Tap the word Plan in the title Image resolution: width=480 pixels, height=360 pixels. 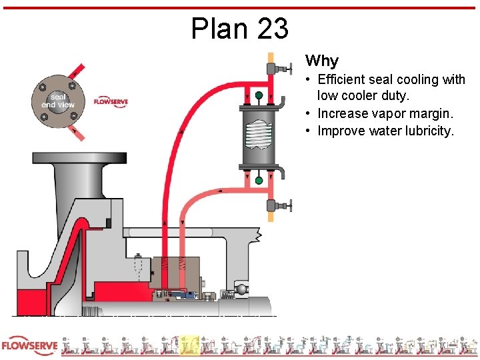(217, 29)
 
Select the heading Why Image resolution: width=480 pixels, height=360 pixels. (322, 61)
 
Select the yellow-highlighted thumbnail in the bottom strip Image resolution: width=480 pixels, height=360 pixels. (190, 345)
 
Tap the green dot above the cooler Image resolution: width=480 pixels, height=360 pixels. (258, 95)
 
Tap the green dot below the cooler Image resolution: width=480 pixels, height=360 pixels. (258, 180)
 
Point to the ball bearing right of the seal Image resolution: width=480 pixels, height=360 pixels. (241, 289)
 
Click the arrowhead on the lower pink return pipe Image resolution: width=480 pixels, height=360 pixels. (220, 192)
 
